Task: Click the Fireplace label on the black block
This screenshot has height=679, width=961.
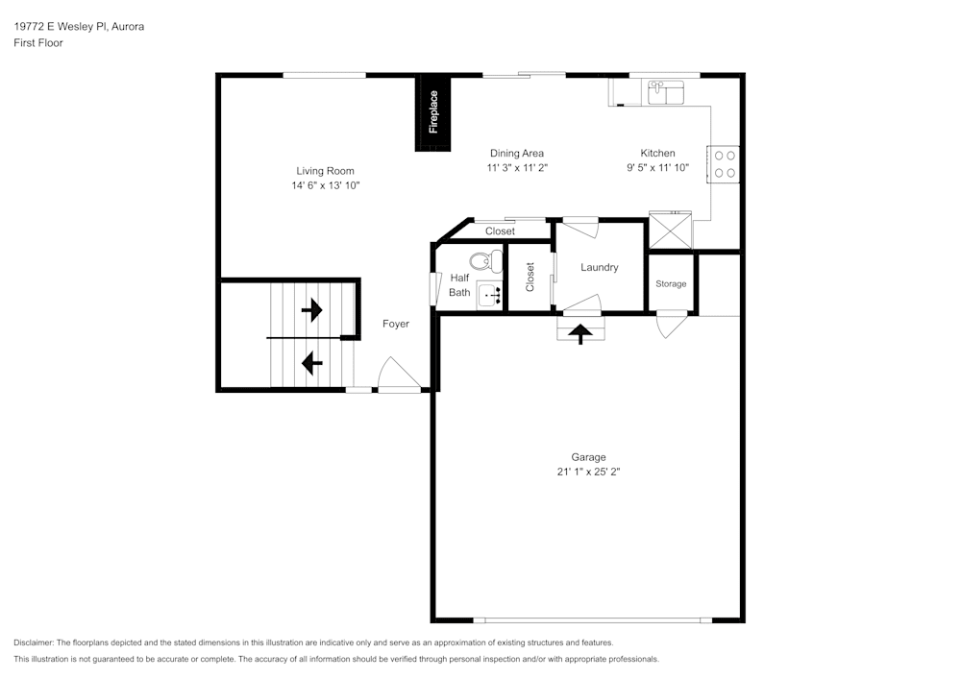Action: pyautogui.click(x=433, y=111)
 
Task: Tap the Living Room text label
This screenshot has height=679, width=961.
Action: pyautogui.click(x=325, y=171)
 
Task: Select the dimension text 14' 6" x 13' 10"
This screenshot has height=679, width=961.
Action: pyautogui.click(x=326, y=185)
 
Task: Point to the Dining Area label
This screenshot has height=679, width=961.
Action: pyautogui.click(x=517, y=154)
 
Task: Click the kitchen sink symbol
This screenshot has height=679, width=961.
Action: pyautogui.click(x=665, y=92)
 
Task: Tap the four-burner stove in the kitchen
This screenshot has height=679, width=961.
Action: pyautogui.click(x=725, y=164)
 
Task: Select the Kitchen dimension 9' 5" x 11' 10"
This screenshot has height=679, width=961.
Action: pyautogui.click(x=658, y=167)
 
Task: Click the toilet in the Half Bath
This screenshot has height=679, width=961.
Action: pyautogui.click(x=485, y=260)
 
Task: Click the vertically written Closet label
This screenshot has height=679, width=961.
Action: pyautogui.click(x=530, y=278)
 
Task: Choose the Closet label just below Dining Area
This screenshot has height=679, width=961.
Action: pyautogui.click(x=500, y=231)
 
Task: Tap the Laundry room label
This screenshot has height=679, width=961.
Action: pyautogui.click(x=599, y=268)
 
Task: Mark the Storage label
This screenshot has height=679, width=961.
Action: pyautogui.click(x=671, y=284)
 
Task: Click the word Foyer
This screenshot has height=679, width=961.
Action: pyautogui.click(x=396, y=324)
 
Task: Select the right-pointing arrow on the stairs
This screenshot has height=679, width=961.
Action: pyautogui.click(x=311, y=310)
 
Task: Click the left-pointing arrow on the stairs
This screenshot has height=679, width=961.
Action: pyautogui.click(x=311, y=363)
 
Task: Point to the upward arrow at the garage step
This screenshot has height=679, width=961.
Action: pyautogui.click(x=581, y=332)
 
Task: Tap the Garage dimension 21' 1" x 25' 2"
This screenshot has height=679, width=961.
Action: pyautogui.click(x=588, y=472)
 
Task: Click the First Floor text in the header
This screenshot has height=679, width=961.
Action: pyautogui.click(x=38, y=43)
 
